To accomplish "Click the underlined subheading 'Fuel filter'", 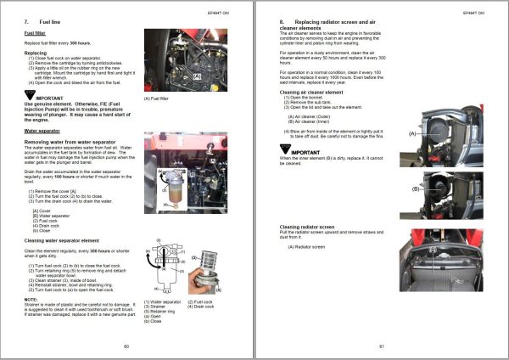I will coord(35,35).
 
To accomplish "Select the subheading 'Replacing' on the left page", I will coord(35,53).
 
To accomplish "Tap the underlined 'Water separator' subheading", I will coord(42,132).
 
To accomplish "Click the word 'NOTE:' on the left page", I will coord(31,300).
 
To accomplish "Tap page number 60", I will coord(126,346).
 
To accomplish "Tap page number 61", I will coord(382,346).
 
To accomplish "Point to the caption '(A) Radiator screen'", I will coord(308,247).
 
